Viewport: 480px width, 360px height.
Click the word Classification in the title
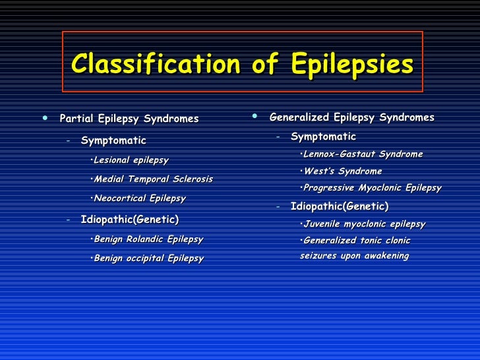pos(156,65)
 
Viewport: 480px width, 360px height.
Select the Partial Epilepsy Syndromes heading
pos(129,119)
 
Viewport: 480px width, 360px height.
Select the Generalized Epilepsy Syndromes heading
pos(351,117)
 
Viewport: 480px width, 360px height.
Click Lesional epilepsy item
pos(131,160)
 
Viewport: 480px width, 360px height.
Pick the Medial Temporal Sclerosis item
pos(152,179)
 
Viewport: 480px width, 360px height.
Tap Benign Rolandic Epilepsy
pos(147,239)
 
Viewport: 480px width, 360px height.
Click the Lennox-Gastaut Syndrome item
pos(361,154)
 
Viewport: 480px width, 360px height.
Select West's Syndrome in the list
pos(341,171)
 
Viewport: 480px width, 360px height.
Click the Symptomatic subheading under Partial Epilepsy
pos(113,140)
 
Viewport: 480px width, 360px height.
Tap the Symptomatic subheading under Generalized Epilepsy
pos(323,137)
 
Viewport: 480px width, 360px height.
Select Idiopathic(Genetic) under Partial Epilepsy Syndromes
pos(129,220)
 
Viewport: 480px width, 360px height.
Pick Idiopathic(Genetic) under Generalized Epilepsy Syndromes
pos(339,206)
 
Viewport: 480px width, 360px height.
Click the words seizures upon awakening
pos(354,256)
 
